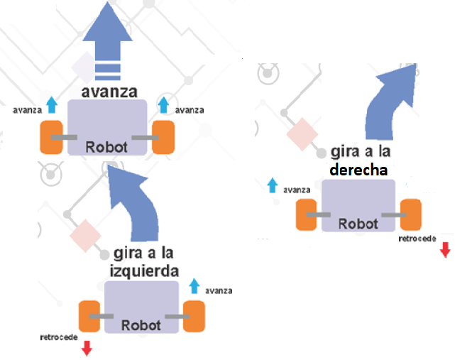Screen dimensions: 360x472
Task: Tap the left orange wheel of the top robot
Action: click(x=52, y=137)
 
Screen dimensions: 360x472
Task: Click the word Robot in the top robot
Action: click(x=106, y=147)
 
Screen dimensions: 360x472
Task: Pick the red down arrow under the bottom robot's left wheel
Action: click(x=87, y=348)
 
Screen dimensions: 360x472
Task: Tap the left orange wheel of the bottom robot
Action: click(x=89, y=317)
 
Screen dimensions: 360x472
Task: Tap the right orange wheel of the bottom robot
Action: click(x=194, y=317)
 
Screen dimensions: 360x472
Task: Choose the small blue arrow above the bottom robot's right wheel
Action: click(x=194, y=286)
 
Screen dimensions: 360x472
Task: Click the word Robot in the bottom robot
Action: click(x=141, y=326)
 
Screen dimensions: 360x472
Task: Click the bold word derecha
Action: click(x=358, y=170)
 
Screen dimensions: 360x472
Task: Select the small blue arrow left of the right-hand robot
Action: click(x=272, y=186)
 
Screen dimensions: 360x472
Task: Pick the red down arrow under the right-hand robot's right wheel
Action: click(x=445, y=249)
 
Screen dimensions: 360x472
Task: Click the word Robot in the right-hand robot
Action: click(x=358, y=223)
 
